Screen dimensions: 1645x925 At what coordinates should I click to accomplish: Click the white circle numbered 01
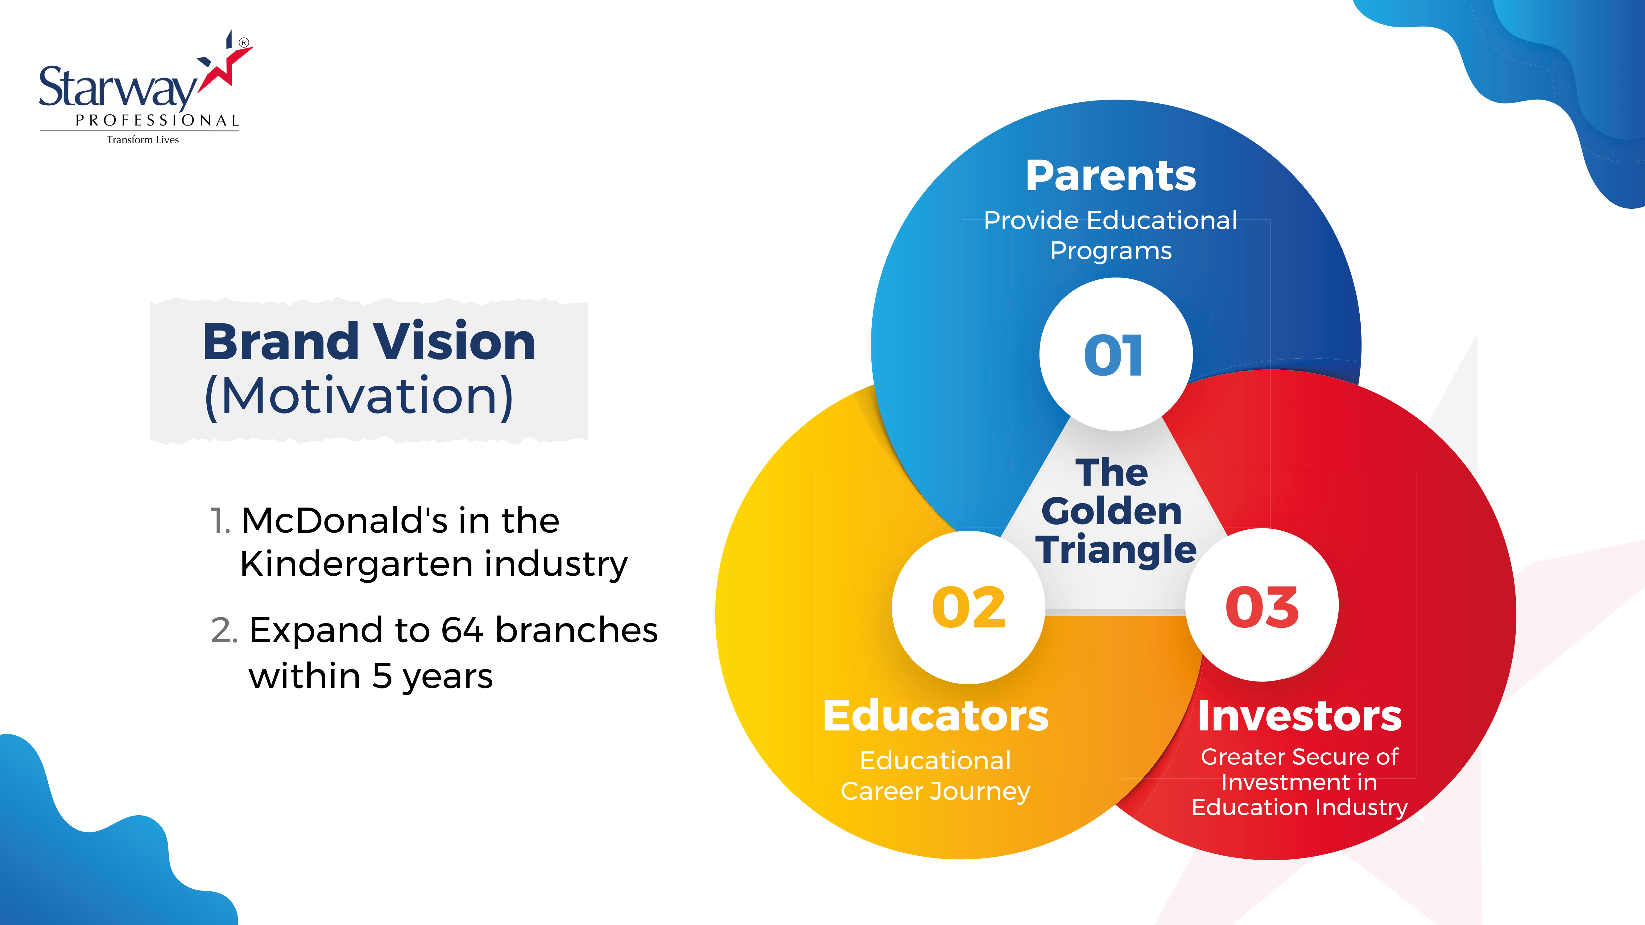point(1116,354)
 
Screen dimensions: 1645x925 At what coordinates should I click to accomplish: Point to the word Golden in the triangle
point(1112,511)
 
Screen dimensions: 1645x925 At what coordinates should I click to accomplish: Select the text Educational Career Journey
point(936,776)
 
